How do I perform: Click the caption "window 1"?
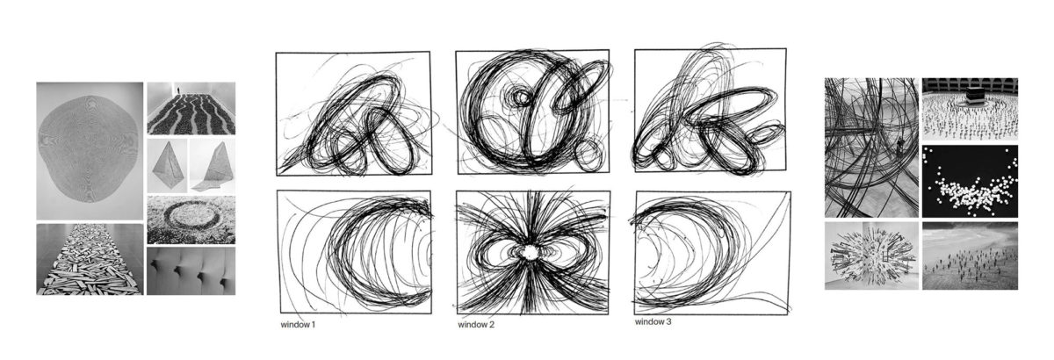click(298, 324)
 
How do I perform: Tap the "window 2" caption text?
click(476, 324)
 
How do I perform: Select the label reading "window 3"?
click(653, 322)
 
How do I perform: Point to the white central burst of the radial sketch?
click(531, 252)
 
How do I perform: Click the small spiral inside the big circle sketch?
click(521, 97)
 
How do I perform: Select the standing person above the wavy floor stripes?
click(178, 90)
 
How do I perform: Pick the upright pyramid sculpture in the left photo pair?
click(168, 166)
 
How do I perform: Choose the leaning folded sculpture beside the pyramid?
click(214, 166)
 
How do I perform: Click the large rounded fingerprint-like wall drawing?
click(89, 149)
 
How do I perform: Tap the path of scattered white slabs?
click(90, 261)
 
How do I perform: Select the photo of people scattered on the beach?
click(970, 256)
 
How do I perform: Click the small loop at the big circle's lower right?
click(588, 155)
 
